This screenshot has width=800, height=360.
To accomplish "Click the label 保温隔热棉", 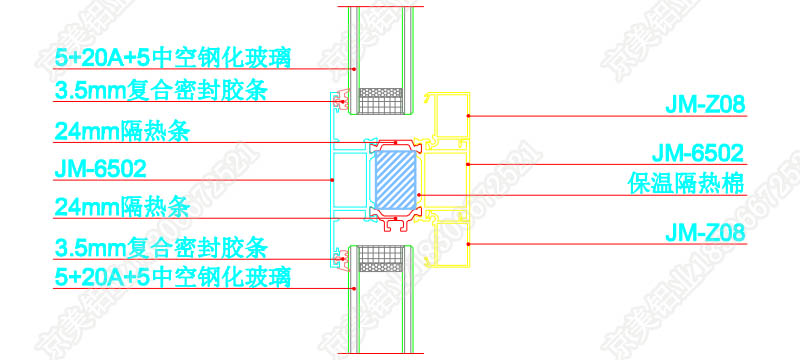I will click(684, 182).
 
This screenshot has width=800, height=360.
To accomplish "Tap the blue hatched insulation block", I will click(396, 181).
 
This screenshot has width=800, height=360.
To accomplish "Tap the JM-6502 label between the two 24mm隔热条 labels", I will click(100, 168).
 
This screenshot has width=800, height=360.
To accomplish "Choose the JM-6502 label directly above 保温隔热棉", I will click(697, 153).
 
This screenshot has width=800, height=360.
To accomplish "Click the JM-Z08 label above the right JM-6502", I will click(705, 103).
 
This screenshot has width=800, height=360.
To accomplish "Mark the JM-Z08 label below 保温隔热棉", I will click(705, 233).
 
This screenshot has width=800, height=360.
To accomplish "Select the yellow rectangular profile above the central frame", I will click(447, 115).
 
